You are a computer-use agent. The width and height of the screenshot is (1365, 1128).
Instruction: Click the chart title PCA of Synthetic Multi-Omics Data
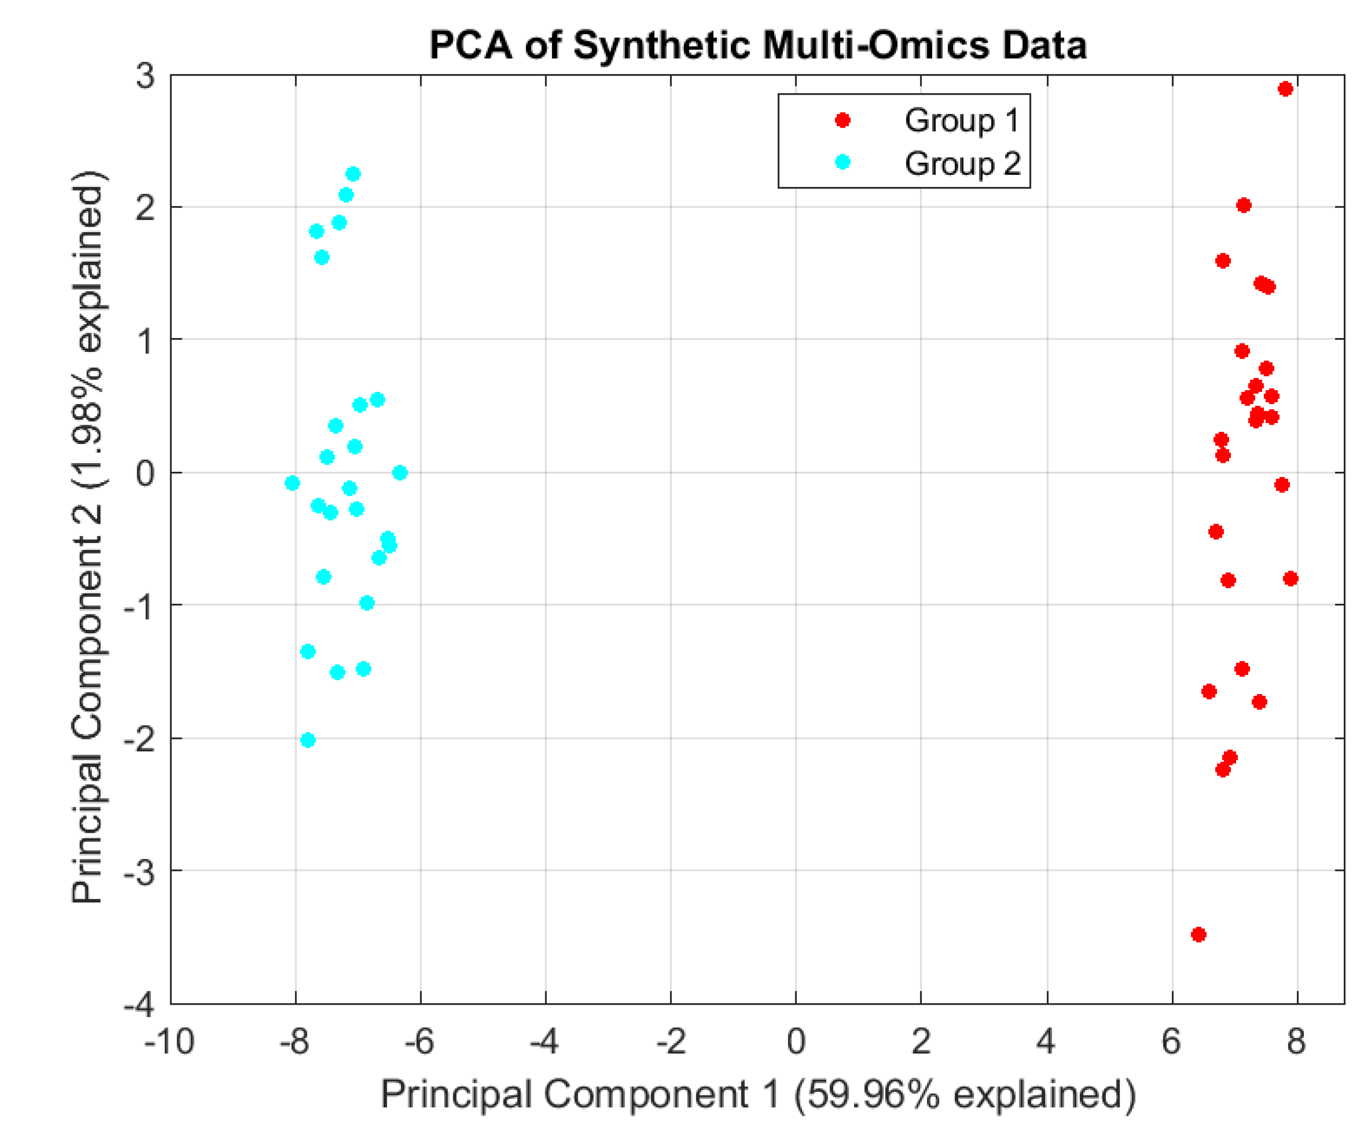757,46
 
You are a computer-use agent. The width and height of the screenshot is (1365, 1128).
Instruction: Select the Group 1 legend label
961,121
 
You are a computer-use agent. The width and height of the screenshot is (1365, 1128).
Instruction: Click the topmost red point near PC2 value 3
1284,89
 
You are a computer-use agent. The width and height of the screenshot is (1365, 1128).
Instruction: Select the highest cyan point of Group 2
353,174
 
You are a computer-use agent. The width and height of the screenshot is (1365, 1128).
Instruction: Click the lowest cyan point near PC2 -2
308,740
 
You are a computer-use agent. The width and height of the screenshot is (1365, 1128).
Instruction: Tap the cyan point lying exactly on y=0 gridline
400,472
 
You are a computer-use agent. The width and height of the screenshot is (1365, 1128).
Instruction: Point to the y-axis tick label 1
145,340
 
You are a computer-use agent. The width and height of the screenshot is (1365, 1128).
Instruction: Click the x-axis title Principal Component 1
757,1094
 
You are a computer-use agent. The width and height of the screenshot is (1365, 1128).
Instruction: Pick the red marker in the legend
842,120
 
